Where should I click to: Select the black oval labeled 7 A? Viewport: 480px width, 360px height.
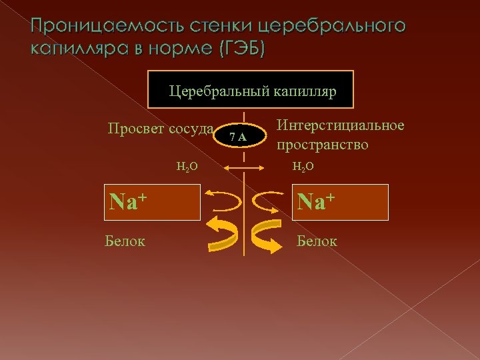click(238, 137)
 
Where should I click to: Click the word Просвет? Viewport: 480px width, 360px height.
click(135, 128)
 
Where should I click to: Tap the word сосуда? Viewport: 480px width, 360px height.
click(191, 128)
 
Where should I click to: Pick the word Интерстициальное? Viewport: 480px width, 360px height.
click(340, 126)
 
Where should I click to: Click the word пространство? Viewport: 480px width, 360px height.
click(323, 145)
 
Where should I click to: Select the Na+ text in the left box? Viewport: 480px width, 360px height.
click(129, 200)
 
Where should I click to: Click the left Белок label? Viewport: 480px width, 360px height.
click(125, 241)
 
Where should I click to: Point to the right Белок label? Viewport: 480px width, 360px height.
click(317, 241)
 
